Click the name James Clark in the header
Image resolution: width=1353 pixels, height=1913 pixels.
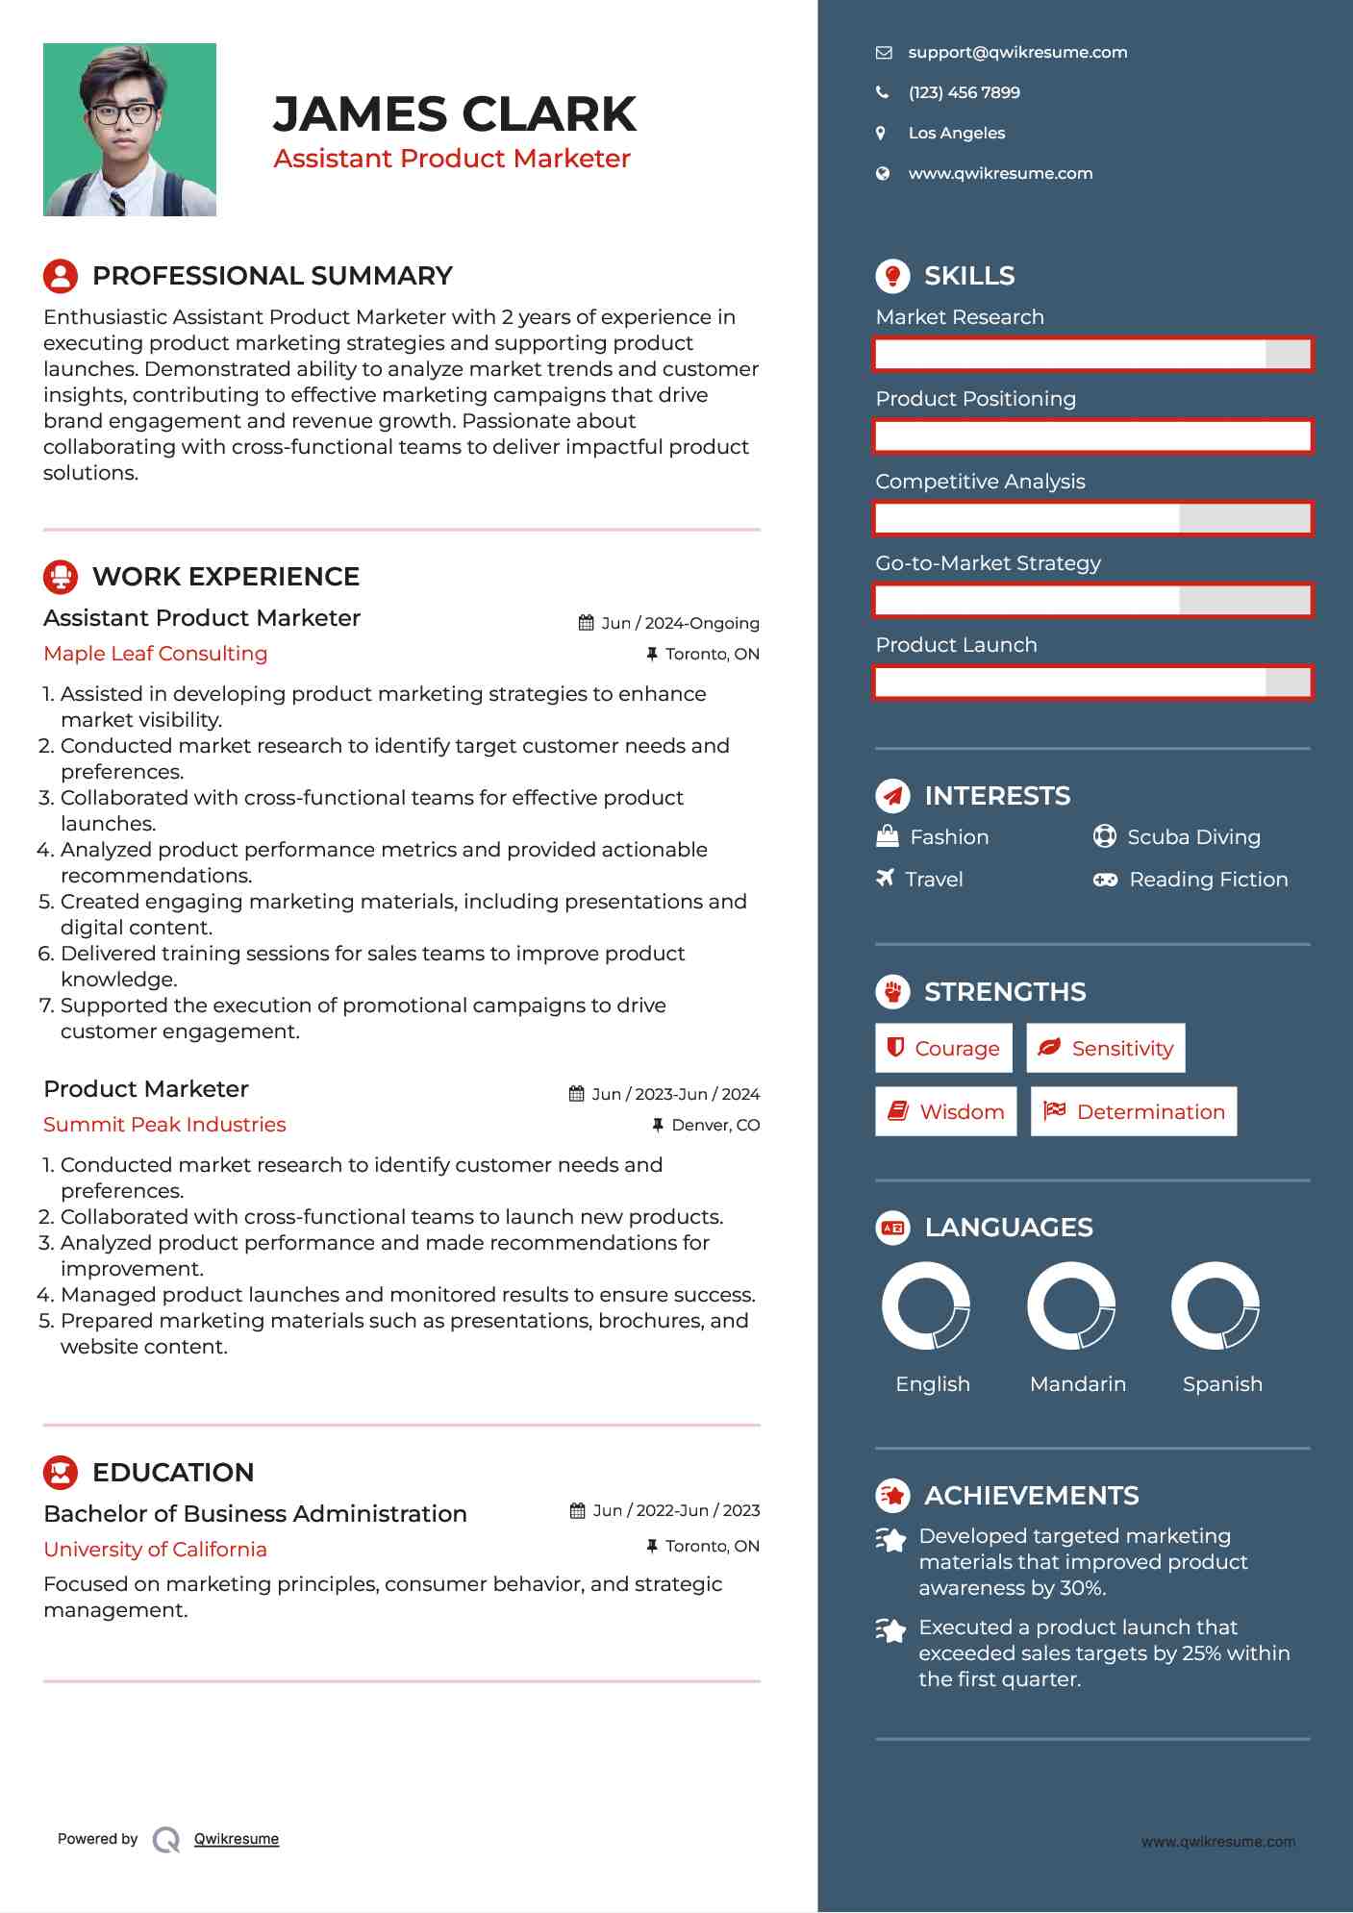tap(454, 114)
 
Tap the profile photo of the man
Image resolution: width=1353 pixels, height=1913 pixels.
tap(130, 130)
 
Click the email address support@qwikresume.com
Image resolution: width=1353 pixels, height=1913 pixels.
tap(1017, 52)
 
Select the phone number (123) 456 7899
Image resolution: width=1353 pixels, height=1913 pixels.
tap(964, 92)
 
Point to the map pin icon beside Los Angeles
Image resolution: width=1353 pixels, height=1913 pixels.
tap(881, 133)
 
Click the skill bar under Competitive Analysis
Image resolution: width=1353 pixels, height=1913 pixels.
tap(1092, 519)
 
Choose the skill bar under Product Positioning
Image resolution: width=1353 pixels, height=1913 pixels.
tap(1092, 436)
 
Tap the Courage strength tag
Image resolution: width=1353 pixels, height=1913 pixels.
tap(943, 1048)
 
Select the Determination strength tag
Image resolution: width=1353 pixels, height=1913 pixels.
tap(1134, 1111)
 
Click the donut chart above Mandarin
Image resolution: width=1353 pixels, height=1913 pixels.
tap(1070, 1305)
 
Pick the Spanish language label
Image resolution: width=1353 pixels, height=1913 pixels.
tap(1222, 1383)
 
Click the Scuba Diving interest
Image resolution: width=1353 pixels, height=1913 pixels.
tap(1192, 837)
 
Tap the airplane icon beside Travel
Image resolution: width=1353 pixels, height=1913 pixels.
tap(885, 878)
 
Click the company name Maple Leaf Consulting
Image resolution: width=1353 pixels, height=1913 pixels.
tap(156, 654)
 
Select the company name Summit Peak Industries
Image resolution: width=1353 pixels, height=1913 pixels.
tap(164, 1125)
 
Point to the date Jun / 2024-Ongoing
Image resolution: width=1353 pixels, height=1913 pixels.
tap(679, 623)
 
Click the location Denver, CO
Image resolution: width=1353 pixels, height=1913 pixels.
tap(714, 1125)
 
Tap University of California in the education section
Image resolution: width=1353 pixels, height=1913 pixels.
tap(155, 1550)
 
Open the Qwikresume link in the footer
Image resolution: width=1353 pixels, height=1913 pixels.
tap(237, 1839)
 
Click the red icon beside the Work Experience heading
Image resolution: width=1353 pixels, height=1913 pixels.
tap(61, 577)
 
